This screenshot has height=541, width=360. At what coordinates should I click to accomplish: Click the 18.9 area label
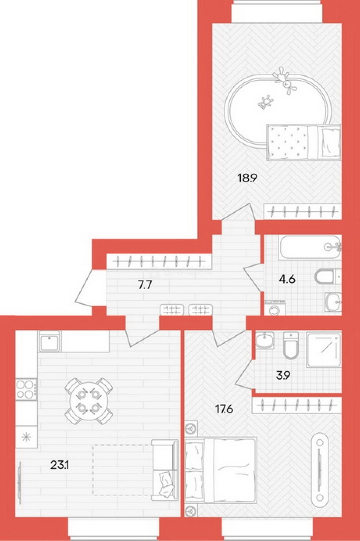pyautogui.click(x=247, y=178)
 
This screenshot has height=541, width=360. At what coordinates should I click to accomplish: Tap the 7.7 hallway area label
pyautogui.click(x=145, y=285)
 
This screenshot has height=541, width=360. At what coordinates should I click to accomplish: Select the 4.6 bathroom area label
pyautogui.click(x=287, y=279)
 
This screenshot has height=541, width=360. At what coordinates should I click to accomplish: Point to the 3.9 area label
pyautogui.click(x=283, y=375)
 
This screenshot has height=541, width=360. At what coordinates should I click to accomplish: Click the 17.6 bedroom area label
pyautogui.click(x=224, y=409)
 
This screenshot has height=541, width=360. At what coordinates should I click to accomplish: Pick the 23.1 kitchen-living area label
pyautogui.click(x=60, y=465)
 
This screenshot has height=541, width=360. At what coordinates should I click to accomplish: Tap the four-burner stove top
pyautogui.click(x=26, y=389)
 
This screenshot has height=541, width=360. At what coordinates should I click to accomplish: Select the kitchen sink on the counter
pyautogui.click(x=49, y=341)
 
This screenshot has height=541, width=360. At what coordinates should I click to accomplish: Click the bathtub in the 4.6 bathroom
pyautogui.click(x=310, y=247)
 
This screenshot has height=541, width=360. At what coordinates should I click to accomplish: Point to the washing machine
pyautogui.click(x=275, y=308)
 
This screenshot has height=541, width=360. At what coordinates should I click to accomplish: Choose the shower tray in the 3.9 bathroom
pyautogui.click(x=324, y=350)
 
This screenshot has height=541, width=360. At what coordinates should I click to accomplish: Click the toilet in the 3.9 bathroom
pyautogui.click(x=291, y=345)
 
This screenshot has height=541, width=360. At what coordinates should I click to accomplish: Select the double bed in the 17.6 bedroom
pyautogui.click(x=221, y=470)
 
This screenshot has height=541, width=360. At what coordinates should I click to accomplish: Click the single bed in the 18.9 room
pyautogui.click(x=304, y=142)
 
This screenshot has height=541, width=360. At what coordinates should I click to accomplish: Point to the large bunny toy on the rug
pyautogui.click(x=285, y=80)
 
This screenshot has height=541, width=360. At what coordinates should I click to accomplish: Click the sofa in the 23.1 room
pyautogui.click(x=165, y=470)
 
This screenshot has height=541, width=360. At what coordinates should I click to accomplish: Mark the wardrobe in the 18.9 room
pyautogui.click(x=303, y=211)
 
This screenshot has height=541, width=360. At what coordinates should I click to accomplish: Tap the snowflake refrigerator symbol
pyautogui.click(x=26, y=437)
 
